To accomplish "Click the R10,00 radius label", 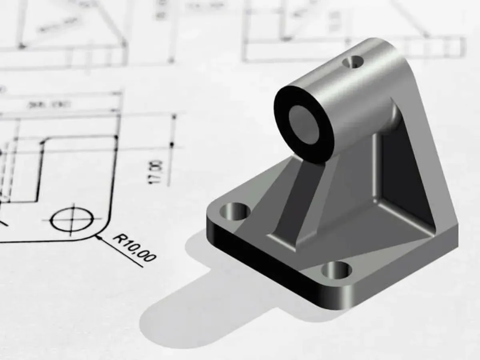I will coord(134,248).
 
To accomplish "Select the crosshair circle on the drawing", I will coord(72,220).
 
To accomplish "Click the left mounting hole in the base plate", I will coord(235,211).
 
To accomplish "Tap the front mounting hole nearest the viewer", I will coord(336,270).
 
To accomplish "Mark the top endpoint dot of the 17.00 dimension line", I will coord(174,116).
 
